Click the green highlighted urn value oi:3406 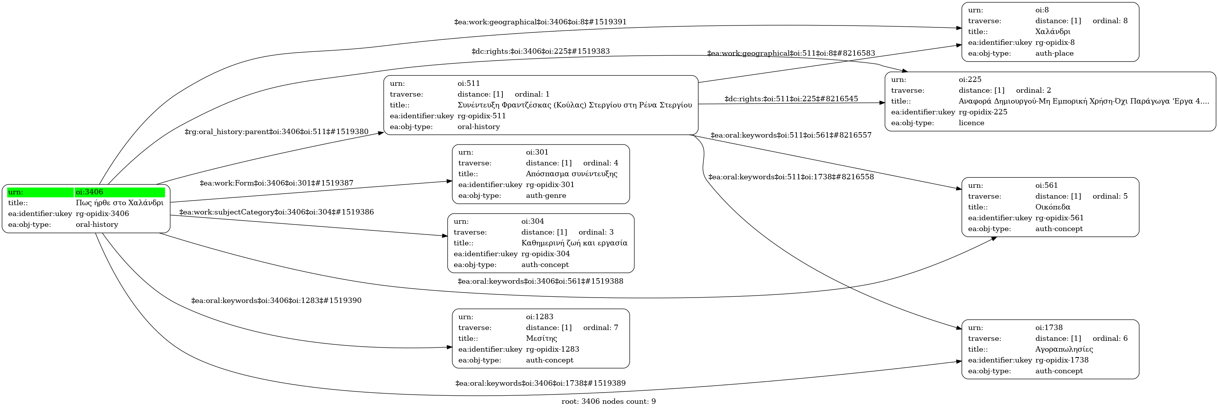click(120, 192)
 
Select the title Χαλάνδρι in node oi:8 click(1052, 32)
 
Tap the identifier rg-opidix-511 click(481, 116)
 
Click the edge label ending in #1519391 click(540, 22)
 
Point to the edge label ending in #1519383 click(540, 51)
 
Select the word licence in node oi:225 click(971, 123)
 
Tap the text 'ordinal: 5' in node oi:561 click(1110, 196)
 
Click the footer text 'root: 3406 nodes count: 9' click(608, 401)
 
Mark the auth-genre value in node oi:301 click(546, 196)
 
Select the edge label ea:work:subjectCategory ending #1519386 click(276, 213)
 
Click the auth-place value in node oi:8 click(1054, 53)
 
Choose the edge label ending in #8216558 click(791, 177)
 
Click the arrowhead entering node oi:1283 click(449, 347)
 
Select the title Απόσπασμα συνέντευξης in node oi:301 click(571, 174)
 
